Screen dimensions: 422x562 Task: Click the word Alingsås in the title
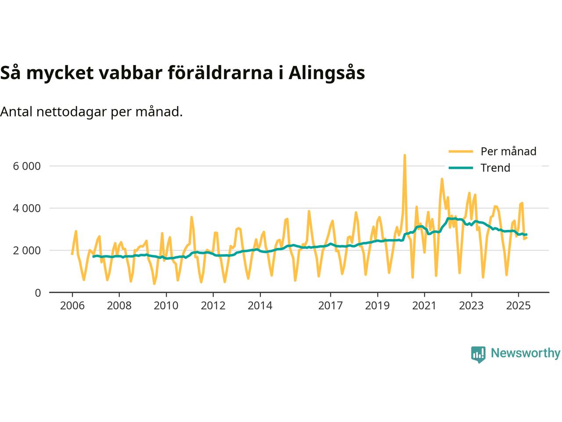coord(327,73)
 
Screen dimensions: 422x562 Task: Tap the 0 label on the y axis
coord(38,293)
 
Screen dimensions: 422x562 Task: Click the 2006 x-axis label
coord(72,306)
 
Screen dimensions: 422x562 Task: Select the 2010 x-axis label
coord(166,306)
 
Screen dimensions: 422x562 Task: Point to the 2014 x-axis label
coord(260,306)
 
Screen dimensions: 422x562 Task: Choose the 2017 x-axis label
coord(330,306)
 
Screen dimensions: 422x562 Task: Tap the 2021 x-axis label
coord(424,306)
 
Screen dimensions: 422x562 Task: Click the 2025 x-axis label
coord(518,306)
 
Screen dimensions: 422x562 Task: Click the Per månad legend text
coord(508,152)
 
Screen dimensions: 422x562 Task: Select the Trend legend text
coord(495,168)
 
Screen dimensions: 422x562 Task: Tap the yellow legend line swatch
coord(461,152)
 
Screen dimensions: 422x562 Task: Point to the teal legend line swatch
coord(461,168)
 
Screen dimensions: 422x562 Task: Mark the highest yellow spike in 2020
coord(404,155)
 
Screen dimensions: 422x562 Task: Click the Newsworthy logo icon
coord(478,354)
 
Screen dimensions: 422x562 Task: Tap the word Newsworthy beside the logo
coord(525,353)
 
